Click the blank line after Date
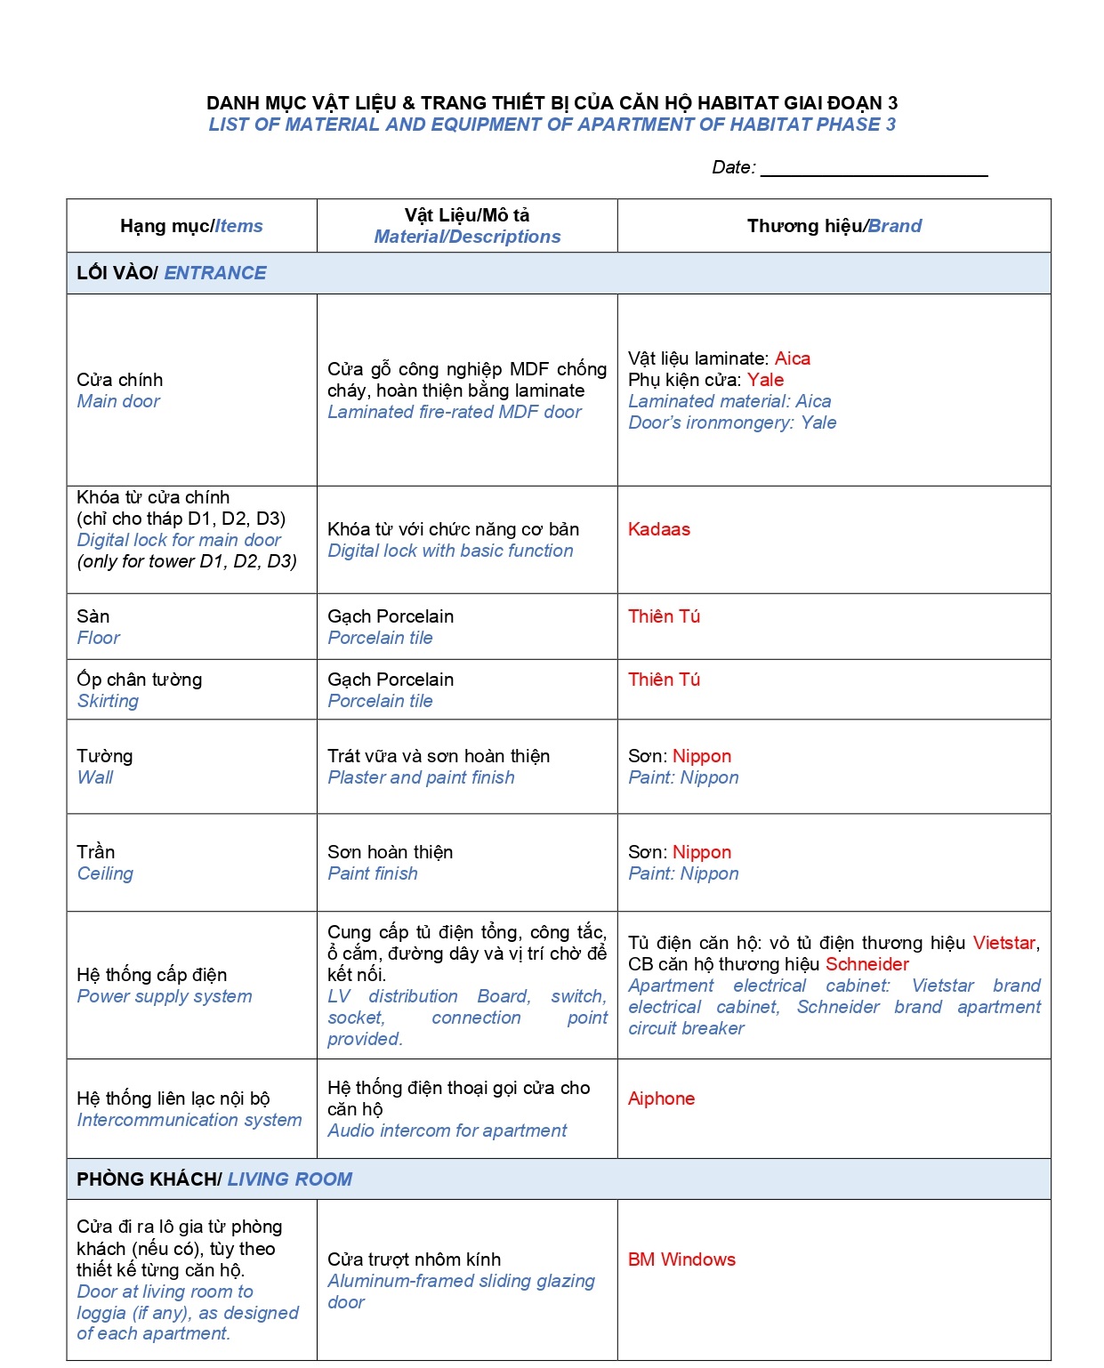tap(874, 169)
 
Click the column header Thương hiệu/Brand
tap(834, 226)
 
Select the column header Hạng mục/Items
tap(191, 226)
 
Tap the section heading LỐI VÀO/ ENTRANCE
tap(172, 273)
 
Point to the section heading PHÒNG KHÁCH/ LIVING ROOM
tap(214, 1179)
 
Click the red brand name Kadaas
tap(658, 529)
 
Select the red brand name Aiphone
tap(661, 1098)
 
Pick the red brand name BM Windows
tap(681, 1259)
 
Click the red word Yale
tap(765, 380)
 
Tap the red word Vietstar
tap(1003, 943)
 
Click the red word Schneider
tap(866, 964)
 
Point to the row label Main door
tap(118, 401)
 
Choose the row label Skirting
tap(108, 701)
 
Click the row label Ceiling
tap(105, 873)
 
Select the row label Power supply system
tap(165, 996)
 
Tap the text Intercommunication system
tap(189, 1120)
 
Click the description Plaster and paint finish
tap(421, 777)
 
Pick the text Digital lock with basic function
tap(450, 551)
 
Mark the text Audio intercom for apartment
tap(447, 1131)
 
